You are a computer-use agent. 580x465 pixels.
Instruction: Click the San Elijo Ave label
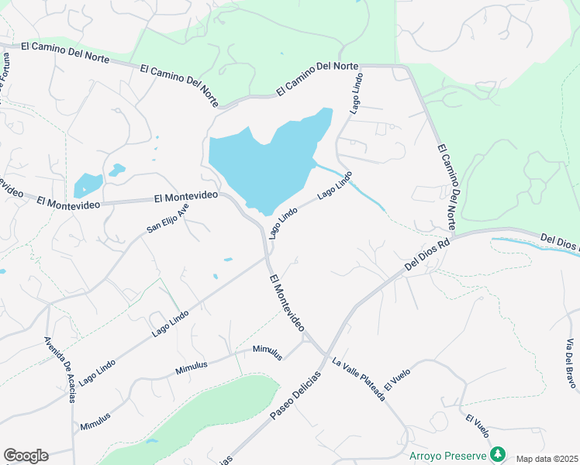tap(167, 219)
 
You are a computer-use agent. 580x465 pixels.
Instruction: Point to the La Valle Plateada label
tap(358, 379)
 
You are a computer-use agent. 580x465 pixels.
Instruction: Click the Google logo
tap(26, 456)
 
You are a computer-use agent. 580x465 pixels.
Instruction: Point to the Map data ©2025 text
tap(547, 459)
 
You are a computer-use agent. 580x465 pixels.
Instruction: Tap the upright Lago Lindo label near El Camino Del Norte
tap(356, 96)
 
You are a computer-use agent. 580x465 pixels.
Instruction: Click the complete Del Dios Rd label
tap(427, 255)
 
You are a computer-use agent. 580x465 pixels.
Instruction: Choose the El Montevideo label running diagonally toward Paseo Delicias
tap(286, 303)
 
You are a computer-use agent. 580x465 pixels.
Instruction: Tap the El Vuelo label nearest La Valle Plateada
tap(396, 379)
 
